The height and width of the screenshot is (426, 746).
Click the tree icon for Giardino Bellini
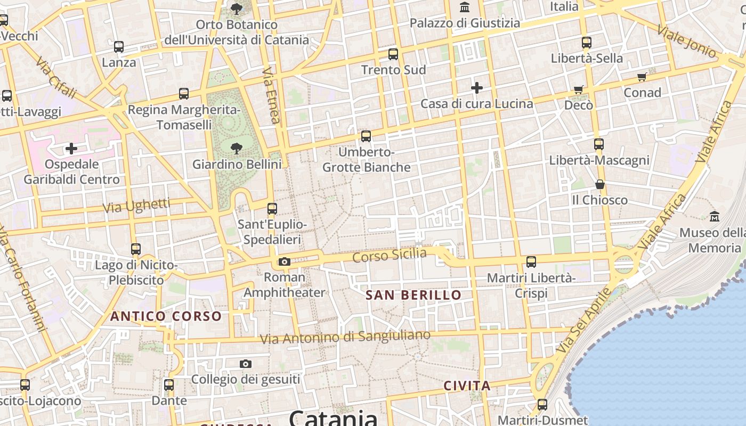[236, 149]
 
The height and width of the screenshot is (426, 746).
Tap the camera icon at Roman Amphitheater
[285, 261]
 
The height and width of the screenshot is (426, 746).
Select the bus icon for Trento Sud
[393, 54]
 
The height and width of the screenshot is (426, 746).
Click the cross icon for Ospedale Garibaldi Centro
[71, 148]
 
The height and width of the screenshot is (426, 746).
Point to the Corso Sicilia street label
[390, 255]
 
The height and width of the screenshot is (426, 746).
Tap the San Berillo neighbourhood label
[413, 295]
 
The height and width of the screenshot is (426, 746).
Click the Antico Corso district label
[166, 316]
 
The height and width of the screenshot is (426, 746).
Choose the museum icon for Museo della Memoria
[715, 217]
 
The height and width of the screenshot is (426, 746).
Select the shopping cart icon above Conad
[642, 77]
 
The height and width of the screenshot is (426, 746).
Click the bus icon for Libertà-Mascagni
[599, 144]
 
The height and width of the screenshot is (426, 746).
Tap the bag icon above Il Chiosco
[600, 185]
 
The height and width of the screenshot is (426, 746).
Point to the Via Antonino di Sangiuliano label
[345, 337]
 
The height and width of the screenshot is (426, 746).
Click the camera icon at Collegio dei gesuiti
[245, 364]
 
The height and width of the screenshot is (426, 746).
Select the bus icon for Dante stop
[169, 384]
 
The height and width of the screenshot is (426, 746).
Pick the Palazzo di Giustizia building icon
[465, 7]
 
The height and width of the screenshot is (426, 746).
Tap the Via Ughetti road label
[136, 206]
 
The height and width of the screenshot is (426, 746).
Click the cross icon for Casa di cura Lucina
[477, 87]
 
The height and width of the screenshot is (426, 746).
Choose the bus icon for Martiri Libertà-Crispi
[531, 262]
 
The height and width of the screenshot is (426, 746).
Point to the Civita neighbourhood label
[467, 386]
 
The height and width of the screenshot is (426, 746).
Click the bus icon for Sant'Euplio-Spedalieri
[272, 209]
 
